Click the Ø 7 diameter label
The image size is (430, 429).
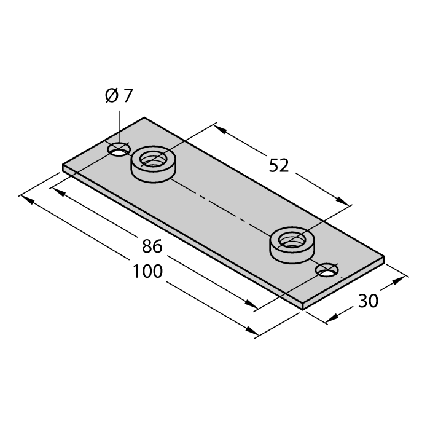pos(119,96)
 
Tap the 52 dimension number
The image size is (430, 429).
pos(279,166)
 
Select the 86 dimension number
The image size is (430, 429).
pos(152,246)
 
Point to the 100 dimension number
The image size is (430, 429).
pos(148,271)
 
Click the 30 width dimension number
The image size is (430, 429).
pos(369,301)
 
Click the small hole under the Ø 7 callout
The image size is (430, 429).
pos(119,149)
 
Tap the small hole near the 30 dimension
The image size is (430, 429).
pos(327,269)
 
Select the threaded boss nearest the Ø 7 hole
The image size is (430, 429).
pos(154,164)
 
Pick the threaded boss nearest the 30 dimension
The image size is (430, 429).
pos(292,245)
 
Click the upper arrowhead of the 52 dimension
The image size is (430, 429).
pos(220,130)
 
